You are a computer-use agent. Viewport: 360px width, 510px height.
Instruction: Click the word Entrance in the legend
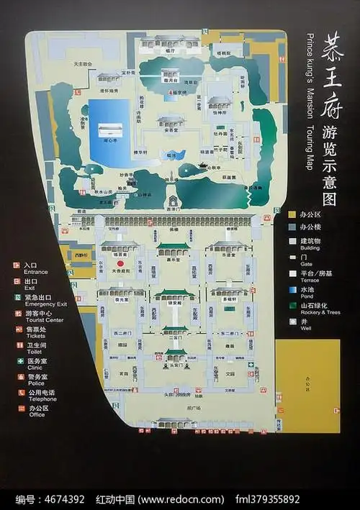click(36, 273)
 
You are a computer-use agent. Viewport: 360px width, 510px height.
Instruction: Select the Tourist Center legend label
click(43, 320)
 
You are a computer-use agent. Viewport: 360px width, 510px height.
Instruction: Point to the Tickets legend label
click(34, 336)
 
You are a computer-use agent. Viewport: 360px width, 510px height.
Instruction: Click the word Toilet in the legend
click(33, 352)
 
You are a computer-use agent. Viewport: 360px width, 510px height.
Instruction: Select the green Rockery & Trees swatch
click(292, 306)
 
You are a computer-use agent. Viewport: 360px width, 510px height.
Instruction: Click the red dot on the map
click(120, 264)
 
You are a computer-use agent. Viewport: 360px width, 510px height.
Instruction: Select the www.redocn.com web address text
click(177, 498)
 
